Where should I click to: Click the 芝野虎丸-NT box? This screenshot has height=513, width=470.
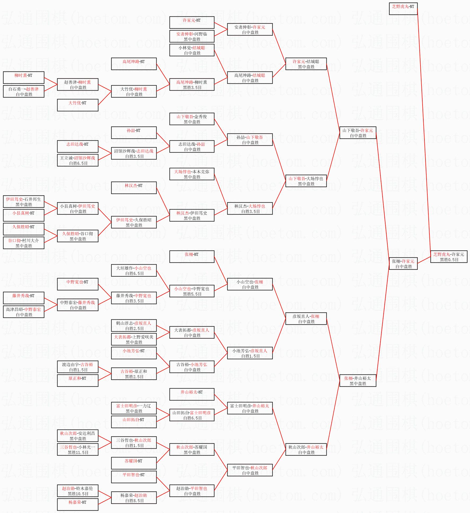(403, 8)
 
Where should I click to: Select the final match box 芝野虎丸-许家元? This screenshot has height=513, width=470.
(449, 256)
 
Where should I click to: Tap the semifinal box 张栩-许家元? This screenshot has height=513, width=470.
(403, 263)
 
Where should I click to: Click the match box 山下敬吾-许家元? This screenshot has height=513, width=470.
(358, 132)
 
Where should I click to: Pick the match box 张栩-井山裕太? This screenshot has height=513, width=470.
(358, 380)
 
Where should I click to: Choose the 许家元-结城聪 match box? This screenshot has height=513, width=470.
(306, 64)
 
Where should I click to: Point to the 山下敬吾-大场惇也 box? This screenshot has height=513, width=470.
(306, 181)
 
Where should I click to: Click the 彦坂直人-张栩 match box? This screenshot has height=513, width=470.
(306, 318)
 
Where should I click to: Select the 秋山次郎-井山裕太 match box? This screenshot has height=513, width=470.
(306, 449)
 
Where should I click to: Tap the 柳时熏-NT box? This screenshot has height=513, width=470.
(24, 77)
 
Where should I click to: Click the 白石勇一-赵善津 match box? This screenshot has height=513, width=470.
(24, 91)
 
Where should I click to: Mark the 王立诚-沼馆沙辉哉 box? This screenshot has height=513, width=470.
(78, 160)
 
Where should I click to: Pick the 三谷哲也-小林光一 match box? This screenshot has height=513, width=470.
(78, 449)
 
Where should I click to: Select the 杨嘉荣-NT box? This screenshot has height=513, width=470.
(78, 504)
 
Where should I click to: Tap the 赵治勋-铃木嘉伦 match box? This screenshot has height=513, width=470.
(78, 490)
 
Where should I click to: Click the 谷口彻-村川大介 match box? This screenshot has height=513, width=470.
(24, 243)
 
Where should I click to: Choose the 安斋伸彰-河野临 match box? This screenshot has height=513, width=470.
(192, 36)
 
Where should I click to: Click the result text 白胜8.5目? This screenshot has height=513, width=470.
(135, 501)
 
